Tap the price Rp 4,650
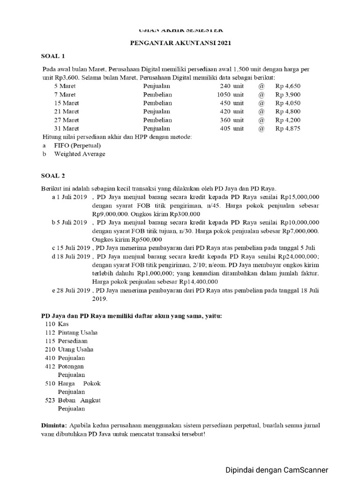tap(288, 86)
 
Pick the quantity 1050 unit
tap(230, 95)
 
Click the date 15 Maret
tap(67, 103)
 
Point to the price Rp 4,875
tap(288, 128)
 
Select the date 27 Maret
tap(67, 120)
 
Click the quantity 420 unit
tap(232, 112)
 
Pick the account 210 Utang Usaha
tap(69, 349)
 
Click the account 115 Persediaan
tap(66, 341)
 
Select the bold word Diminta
tap(54, 425)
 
